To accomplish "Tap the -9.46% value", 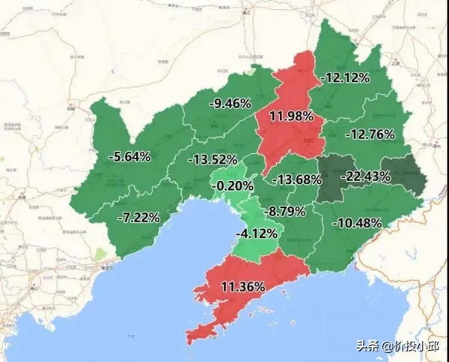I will point(230,103).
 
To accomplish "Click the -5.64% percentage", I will point(129,157).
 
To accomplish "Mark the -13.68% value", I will point(297,180).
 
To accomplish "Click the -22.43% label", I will point(366,176).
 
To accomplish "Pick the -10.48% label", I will point(358,223).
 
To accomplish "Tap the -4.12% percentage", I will point(257,233).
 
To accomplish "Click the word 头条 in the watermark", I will point(367,346).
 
